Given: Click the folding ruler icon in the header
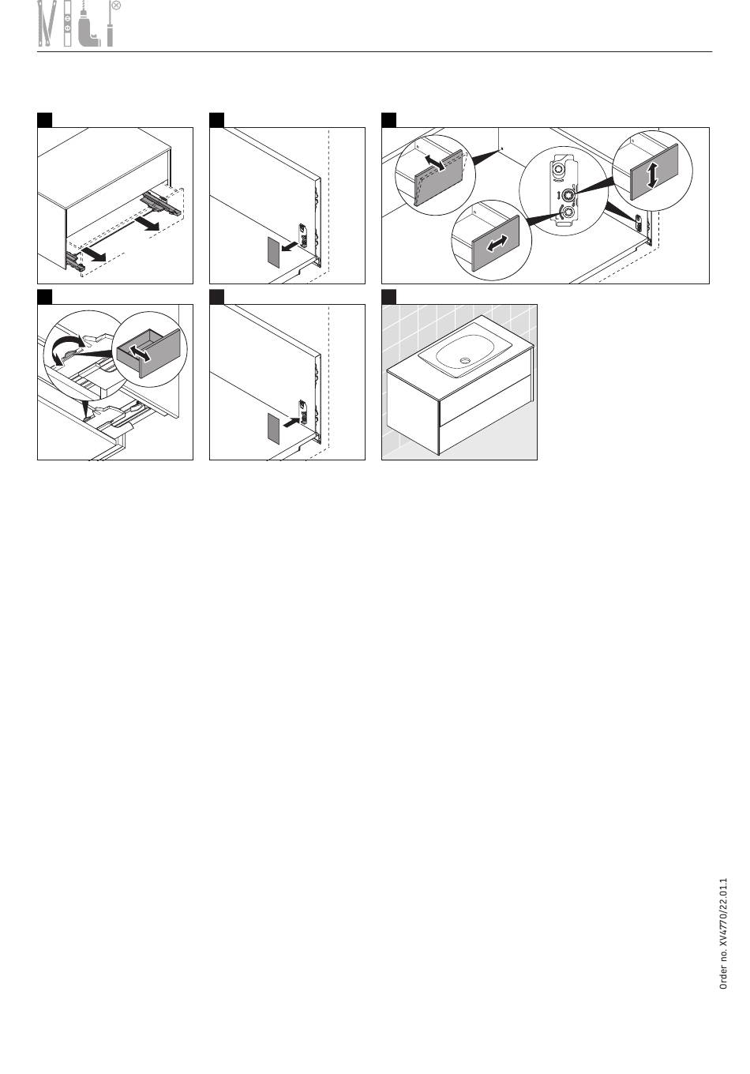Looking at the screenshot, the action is click(x=47, y=24).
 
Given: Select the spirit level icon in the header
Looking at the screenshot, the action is click(x=68, y=24).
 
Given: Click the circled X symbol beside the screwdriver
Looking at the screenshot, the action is click(x=116, y=6).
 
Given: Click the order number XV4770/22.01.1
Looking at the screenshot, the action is click(x=724, y=933).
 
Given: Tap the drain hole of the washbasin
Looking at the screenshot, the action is click(x=464, y=360).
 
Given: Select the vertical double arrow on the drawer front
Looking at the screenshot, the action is click(x=652, y=175).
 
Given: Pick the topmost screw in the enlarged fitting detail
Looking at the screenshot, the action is click(x=559, y=171).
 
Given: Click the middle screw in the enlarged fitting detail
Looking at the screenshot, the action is click(x=569, y=194).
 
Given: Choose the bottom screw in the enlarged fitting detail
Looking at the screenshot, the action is click(x=569, y=212).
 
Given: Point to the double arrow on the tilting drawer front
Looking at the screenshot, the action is click(x=435, y=162).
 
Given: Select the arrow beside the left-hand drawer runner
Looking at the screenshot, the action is click(x=93, y=254).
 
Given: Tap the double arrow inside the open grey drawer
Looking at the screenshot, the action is click(x=140, y=354).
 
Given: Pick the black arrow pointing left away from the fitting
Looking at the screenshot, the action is click(x=289, y=246).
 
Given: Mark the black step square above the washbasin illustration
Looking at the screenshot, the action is click(x=388, y=297).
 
